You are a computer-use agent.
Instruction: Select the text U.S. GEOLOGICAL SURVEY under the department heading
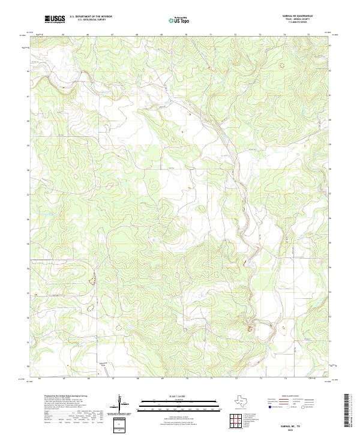(x=91, y=20)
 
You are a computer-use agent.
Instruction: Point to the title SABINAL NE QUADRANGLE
(x=298, y=16)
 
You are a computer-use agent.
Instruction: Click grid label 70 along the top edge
(x=186, y=35)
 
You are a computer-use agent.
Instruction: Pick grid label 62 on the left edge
(x=28, y=70)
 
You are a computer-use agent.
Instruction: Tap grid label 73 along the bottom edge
(x=260, y=379)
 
